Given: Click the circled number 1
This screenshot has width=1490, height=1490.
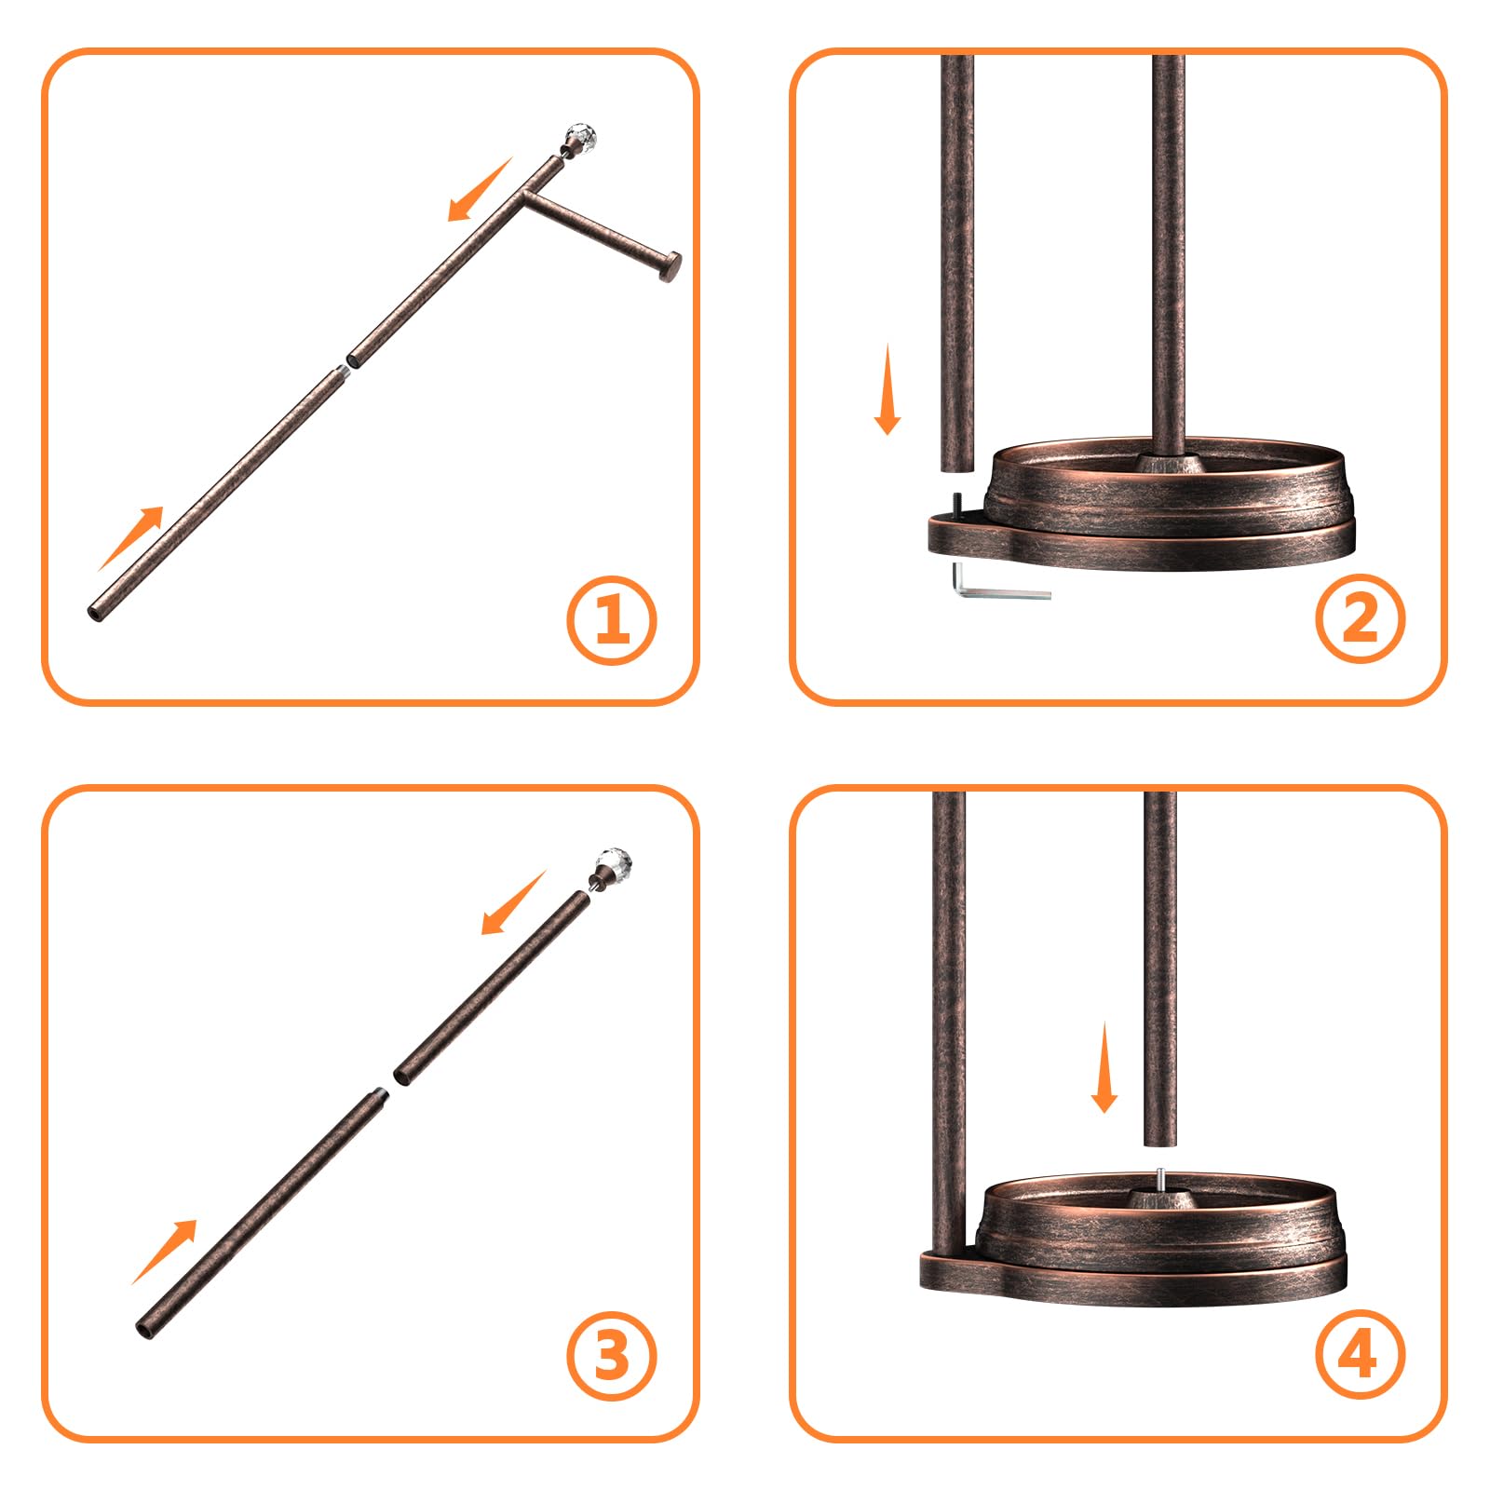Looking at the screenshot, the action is click(612, 620).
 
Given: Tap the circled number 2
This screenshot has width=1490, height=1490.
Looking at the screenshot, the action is click(1361, 618).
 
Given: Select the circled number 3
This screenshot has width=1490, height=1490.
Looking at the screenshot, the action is click(612, 1355).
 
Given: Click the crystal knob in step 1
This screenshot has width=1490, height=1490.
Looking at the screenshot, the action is click(579, 138).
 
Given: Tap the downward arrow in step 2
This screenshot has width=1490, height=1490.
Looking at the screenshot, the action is click(887, 389).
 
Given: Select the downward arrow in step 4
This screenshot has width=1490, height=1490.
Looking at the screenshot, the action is click(1104, 1067).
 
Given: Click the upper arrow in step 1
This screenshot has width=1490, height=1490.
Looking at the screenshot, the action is click(480, 190).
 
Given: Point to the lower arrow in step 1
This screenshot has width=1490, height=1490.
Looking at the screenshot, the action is click(130, 538).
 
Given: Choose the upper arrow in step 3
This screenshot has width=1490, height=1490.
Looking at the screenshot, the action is click(513, 902).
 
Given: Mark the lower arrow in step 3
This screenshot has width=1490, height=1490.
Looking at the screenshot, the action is click(165, 1252).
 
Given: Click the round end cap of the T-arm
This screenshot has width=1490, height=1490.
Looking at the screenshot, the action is click(669, 266).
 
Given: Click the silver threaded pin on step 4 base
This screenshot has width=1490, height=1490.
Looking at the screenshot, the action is click(1159, 1179).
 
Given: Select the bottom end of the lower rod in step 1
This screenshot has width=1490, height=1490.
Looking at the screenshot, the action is click(96, 612).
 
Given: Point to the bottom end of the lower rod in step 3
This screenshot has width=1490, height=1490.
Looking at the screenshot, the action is click(145, 1329).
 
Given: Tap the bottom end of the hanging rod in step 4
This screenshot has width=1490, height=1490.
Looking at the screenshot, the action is click(1159, 1141).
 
